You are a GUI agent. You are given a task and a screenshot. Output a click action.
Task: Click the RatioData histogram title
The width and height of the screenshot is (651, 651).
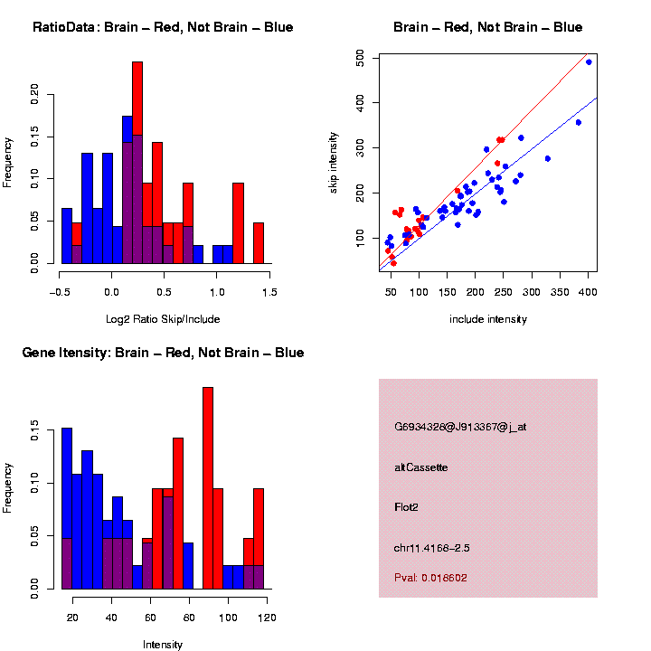pos(163,27)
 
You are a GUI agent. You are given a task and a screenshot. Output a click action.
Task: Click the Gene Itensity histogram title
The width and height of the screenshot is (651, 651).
pos(163,353)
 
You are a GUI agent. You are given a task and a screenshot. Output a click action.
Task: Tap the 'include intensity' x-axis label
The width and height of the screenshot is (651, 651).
pos(488,319)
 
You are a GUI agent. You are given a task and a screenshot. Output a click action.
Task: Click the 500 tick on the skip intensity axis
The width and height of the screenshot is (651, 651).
pos(361,57)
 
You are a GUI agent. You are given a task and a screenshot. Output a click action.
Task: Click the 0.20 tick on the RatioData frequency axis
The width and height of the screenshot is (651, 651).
pos(35,92)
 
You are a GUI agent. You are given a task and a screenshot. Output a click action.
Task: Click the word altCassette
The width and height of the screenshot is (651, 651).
pos(421,467)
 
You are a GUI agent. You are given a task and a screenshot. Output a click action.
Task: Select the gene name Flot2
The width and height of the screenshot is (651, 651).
pos(407,507)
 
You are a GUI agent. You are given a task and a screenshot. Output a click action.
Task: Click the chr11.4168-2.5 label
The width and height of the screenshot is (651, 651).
pos(432,548)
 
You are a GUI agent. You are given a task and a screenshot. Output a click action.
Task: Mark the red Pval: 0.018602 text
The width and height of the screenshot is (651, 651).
pos(431,577)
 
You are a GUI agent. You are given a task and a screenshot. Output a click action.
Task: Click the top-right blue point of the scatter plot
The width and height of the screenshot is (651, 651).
pos(589,62)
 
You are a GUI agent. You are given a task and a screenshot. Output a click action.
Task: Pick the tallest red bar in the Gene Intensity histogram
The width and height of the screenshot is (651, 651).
pos(208,488)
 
